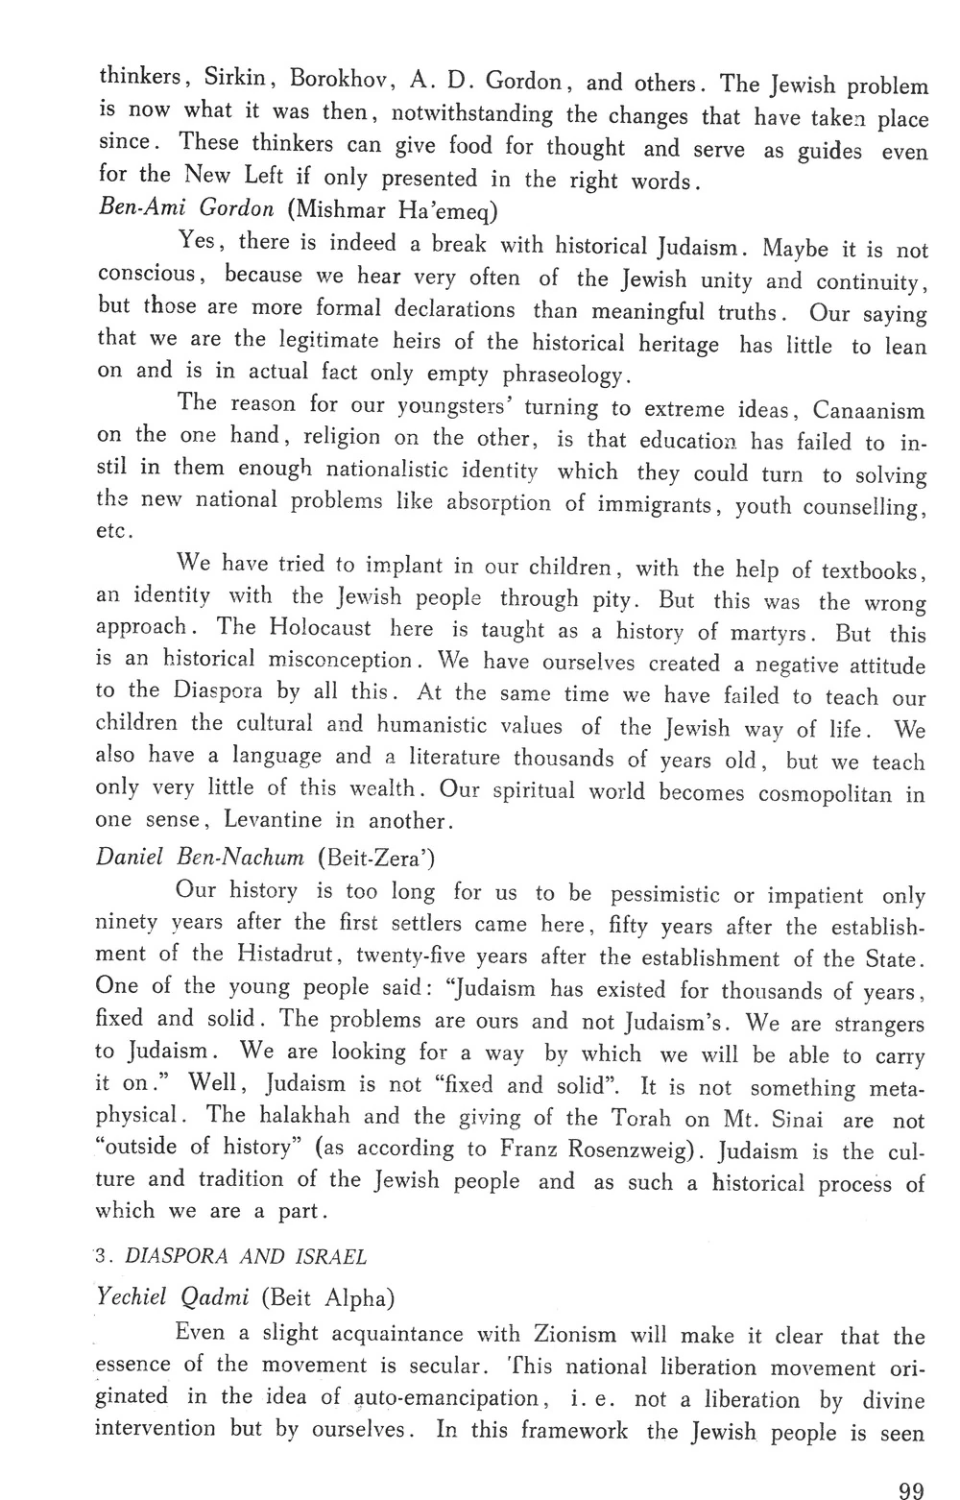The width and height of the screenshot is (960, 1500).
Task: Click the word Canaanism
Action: [869, 410]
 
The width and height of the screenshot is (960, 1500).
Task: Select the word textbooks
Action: [872, 570]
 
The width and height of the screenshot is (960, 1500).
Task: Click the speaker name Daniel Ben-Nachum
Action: [201, 855]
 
